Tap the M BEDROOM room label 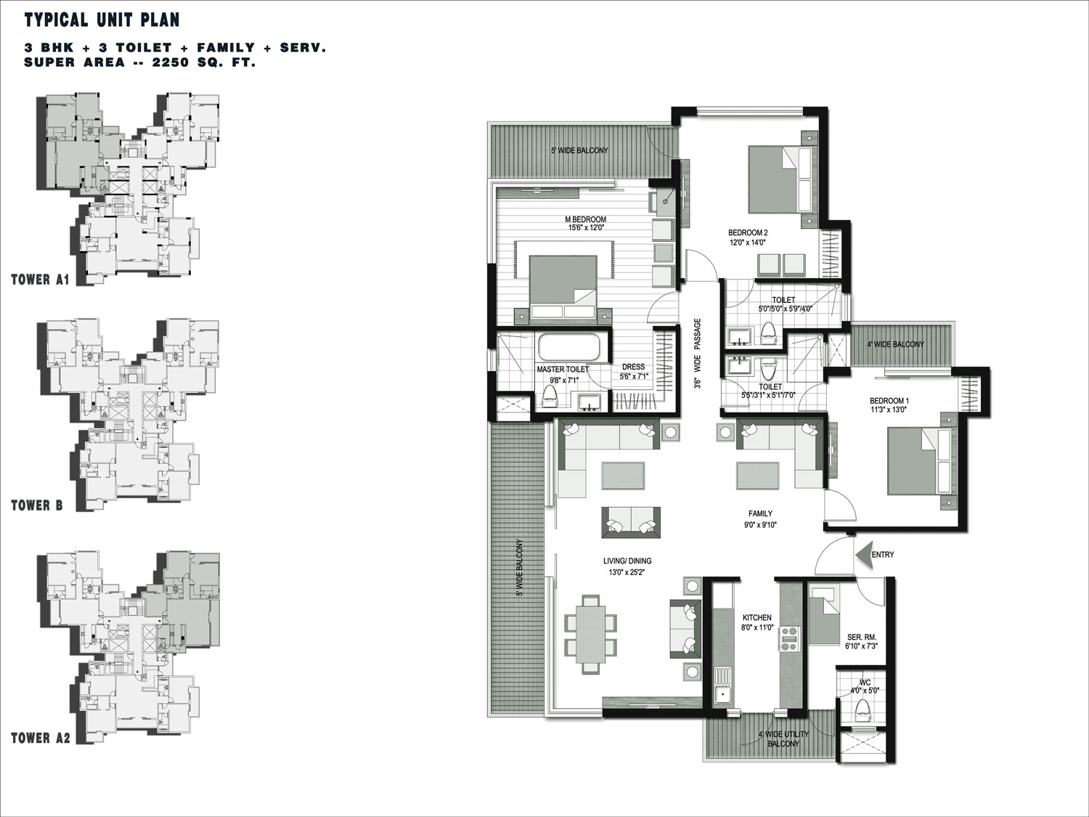(585, 219)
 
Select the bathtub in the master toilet (568, 346)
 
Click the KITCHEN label (756, 617)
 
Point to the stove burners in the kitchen (789, 639)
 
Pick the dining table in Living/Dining (591, 633)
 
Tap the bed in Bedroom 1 (918, 461)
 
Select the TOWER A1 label (40, 280)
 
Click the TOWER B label (37, 505)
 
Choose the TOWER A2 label (41, 738)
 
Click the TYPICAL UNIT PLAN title (102, 20)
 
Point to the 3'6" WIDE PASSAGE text (698, 353)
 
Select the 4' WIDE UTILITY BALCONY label (783, 739)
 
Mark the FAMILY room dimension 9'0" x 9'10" (760, 524)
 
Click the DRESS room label (633, 367)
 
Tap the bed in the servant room (823, 614)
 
